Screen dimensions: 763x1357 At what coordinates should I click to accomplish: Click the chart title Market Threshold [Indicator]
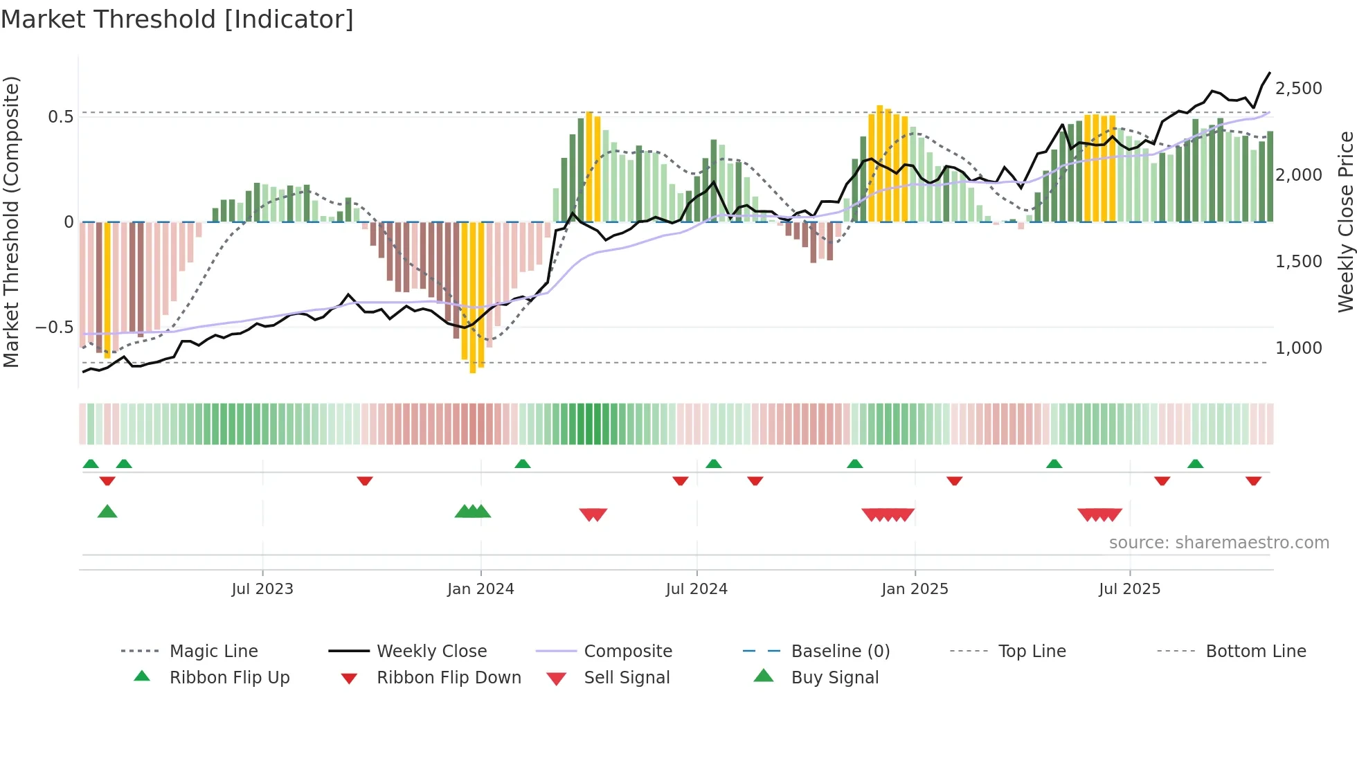point(177,19)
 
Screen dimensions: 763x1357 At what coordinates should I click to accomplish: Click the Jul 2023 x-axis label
point(262,589)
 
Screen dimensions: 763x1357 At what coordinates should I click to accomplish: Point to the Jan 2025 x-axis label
point(915,589)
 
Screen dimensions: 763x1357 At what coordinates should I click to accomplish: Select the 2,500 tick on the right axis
point(1298,89)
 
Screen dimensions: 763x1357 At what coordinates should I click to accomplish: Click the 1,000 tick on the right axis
point(1298,348)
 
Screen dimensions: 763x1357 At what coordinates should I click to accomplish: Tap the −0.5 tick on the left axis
point(54,327)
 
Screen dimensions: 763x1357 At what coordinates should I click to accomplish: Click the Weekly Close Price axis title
point(1345,222)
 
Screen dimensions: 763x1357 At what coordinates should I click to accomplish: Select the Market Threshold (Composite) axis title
point(11,222)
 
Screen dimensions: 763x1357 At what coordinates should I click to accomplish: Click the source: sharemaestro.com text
point(1219,543)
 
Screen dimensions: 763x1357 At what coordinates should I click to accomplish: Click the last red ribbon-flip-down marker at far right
point(1253,481)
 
